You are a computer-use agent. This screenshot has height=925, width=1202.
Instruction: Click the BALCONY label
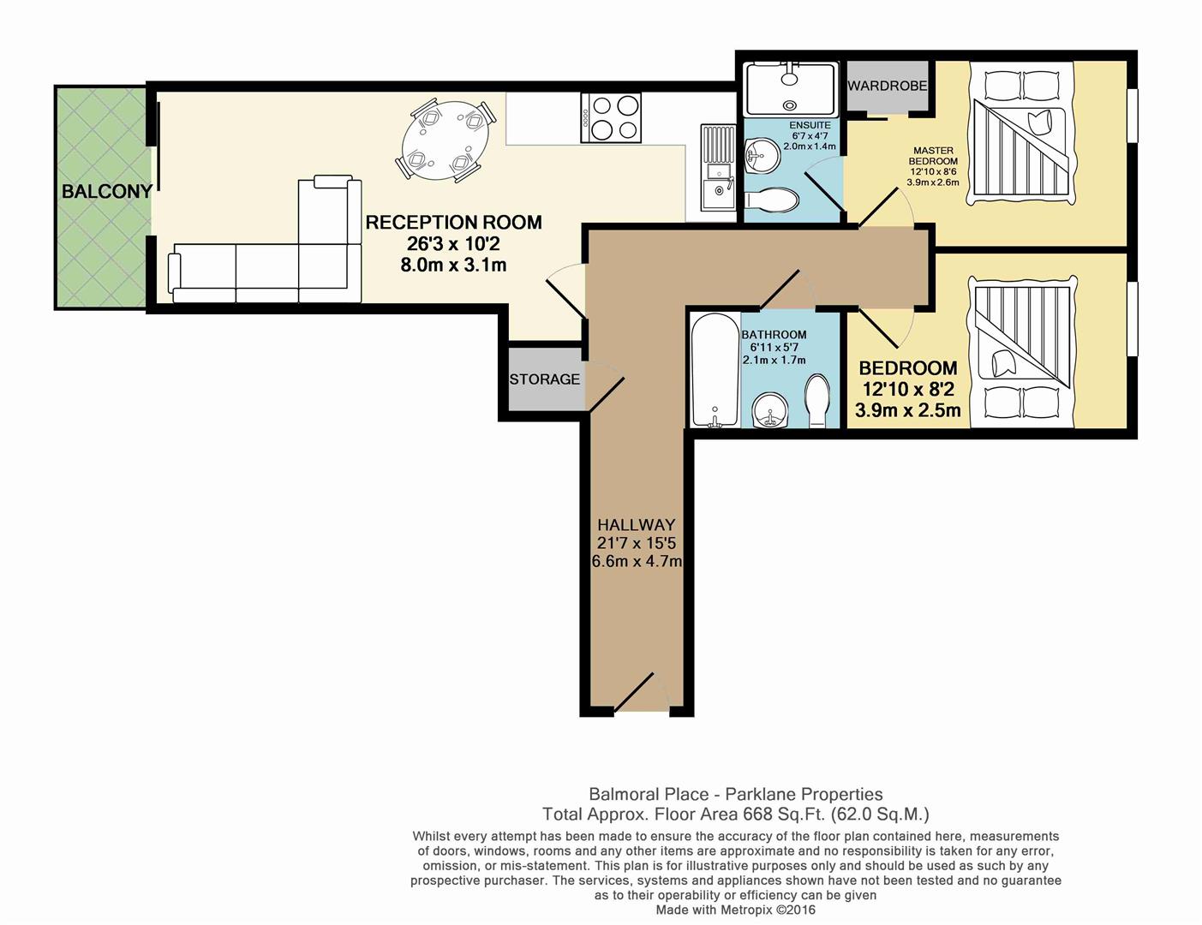(107, 191)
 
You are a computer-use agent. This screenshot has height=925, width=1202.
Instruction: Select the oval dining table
(446, 140)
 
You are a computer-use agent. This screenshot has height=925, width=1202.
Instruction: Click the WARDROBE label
(887, 86)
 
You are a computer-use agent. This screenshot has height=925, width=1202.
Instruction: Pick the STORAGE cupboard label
(544, 379)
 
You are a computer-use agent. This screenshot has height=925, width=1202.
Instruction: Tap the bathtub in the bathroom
(715, 370)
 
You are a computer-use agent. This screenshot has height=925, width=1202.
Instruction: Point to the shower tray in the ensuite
(791, 88)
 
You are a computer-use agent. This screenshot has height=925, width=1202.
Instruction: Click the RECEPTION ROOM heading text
(453, 223)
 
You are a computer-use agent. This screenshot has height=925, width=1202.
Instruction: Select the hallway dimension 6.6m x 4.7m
(637, 561)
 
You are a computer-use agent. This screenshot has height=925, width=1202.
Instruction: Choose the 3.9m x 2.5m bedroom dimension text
(908, 411)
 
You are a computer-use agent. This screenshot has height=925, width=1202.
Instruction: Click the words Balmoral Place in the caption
(649, 795)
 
